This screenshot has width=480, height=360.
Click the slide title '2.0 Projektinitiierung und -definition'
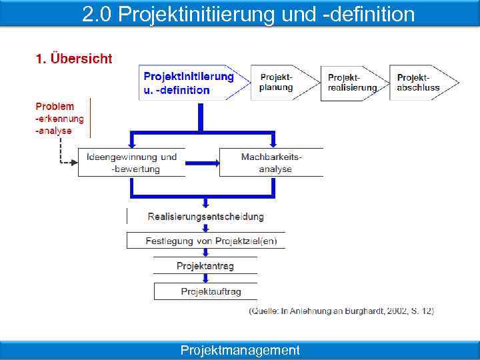[248, 14]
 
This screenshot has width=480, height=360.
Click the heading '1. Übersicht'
[74, 59]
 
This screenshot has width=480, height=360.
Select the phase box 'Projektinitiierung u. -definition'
[189, 83]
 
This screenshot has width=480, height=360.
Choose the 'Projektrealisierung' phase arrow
[352, 82]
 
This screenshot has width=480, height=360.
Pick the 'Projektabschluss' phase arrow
[420, 82]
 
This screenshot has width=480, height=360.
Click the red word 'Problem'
[55, 106]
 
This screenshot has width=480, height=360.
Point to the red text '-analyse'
[53, 131]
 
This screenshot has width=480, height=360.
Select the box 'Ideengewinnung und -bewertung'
[131, 163]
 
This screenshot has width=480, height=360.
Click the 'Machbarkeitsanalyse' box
[271, 163]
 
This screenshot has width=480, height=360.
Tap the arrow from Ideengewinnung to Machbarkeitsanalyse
[202, 163]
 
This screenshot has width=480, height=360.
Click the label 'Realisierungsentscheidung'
[205, 217]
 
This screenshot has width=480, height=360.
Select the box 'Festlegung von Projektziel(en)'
[205, 241]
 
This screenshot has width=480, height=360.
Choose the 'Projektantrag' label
[205, 266]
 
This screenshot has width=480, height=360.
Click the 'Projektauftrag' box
[205, 291]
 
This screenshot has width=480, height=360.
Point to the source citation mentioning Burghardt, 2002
[341, 311]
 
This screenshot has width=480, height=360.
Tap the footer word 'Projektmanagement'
[240, 350]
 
